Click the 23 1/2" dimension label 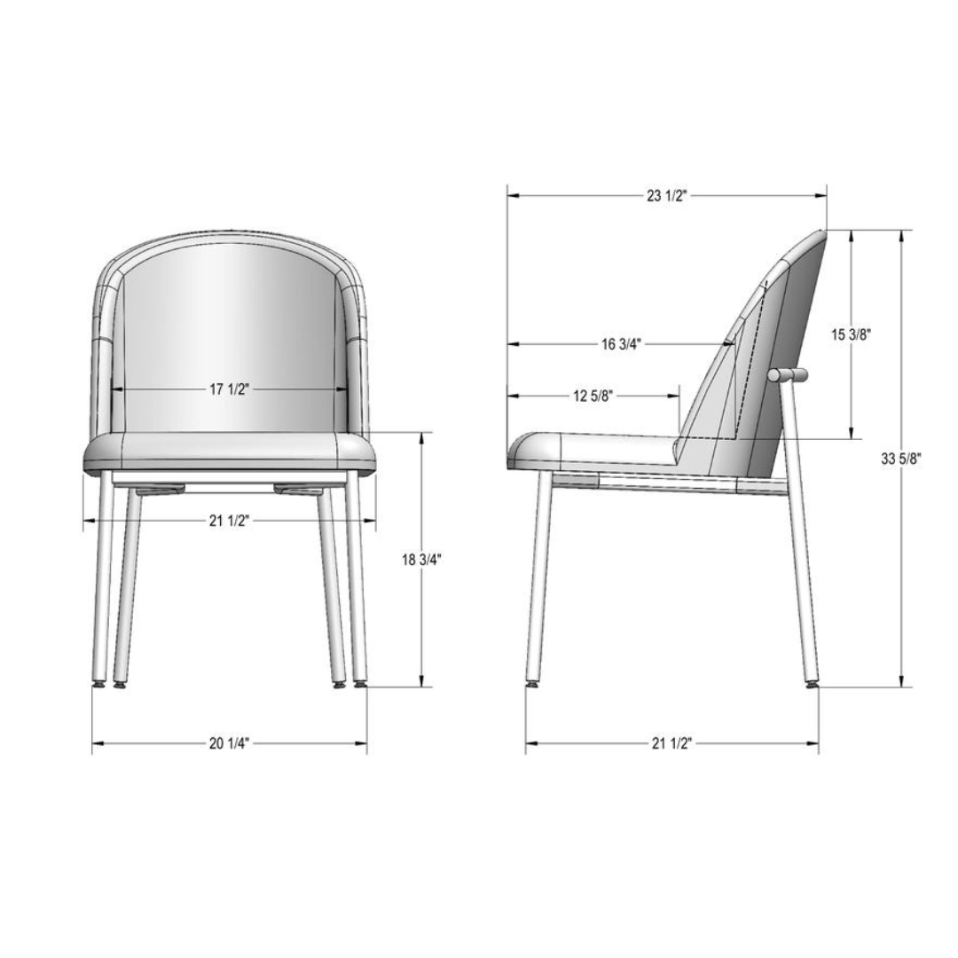point(666,196)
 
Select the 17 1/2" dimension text point(230,389)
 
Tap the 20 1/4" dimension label point(230,743)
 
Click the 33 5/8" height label point(901,459)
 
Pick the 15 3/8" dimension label point(852,334)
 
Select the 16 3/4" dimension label point(620,344)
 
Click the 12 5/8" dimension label point(592,396)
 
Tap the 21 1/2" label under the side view point(671,743)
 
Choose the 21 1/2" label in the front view point(230,521)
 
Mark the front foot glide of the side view point(532,684)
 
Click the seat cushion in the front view point(229,452)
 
